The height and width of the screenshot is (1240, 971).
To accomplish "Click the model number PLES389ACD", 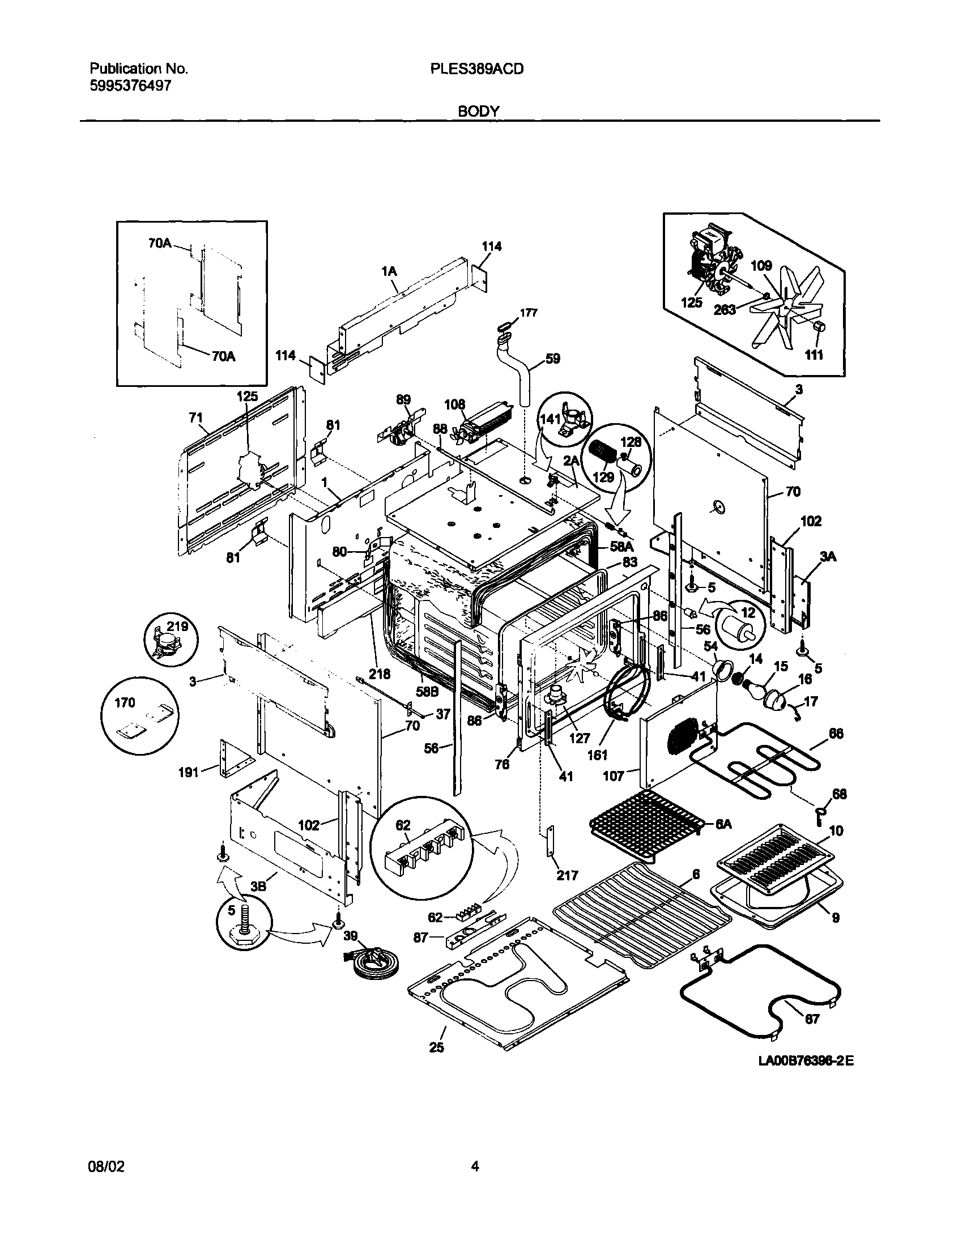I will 476,69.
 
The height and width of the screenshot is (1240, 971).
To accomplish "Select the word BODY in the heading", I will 478,112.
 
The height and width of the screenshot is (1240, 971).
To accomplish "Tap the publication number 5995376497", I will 130,86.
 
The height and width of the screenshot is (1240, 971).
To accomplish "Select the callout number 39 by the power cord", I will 351,936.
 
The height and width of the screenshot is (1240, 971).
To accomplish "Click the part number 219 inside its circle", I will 177,627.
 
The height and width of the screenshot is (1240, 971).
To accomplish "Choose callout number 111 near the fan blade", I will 814,355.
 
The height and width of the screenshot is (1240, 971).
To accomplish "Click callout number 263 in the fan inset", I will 725,309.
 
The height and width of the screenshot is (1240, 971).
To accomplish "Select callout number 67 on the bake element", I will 812,1020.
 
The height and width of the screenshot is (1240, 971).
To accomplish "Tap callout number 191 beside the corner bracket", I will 189,772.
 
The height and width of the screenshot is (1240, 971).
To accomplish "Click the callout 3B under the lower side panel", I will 259,887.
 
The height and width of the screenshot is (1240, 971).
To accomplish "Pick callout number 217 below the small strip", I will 567,876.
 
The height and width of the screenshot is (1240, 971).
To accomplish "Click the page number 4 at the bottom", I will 475,1167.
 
